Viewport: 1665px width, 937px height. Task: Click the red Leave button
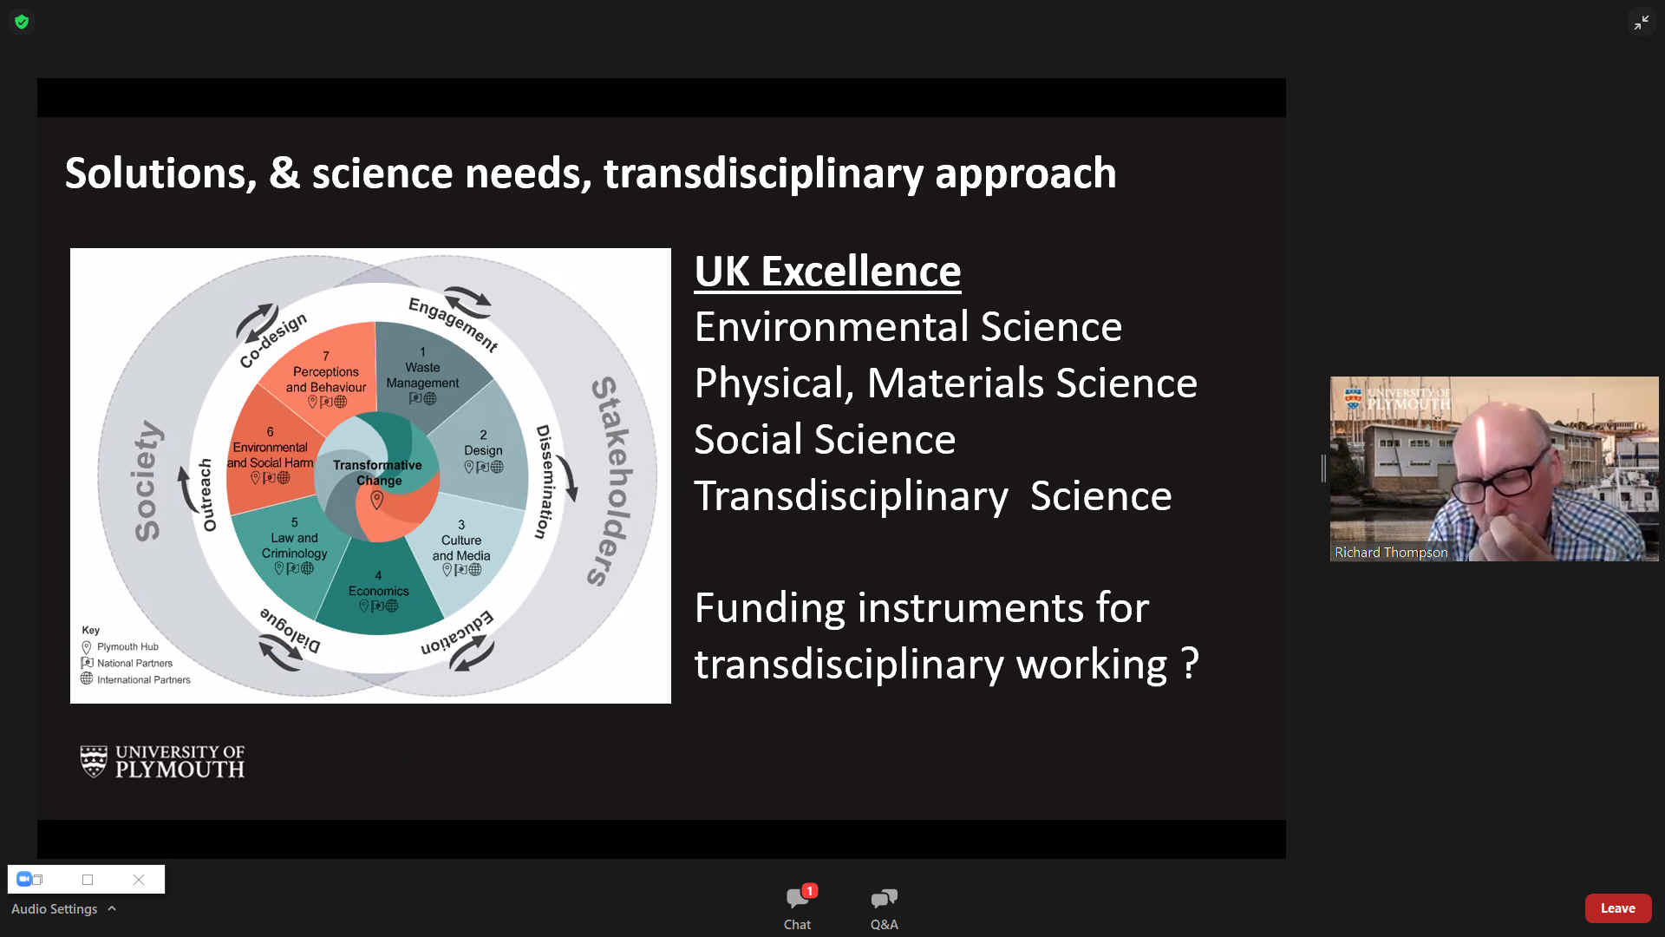click(x=1617, y=908)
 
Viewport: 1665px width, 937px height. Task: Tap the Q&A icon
click(x=885, y=899)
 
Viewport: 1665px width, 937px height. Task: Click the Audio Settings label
click(x=54, y=908)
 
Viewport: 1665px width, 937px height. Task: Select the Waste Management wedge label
click(x=422, y=375)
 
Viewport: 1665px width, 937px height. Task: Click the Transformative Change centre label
click(x=377, y=472)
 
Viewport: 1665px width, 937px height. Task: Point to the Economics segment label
click(x=378, y=591)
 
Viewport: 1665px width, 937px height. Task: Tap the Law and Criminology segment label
click(x=294, y=545)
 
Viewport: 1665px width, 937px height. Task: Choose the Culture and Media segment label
click(x=461, y=547)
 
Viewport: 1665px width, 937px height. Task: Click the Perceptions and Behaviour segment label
click(x=326, y=379)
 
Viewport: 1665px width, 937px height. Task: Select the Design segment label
click(x=483, y=450)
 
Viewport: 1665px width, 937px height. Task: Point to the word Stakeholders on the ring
click(x=612, y=482)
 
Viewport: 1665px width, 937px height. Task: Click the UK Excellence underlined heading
click(x=827, y=272)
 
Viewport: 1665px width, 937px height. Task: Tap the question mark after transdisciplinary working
click(x=1190, y=664)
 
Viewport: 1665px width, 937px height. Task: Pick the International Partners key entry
click(x=135, y=679)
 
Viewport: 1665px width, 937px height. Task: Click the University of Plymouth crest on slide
click(x=94, y=761)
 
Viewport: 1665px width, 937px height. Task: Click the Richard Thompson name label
click(x=1391, y=552)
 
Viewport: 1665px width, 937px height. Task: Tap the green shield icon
click(x=22, y=22)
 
